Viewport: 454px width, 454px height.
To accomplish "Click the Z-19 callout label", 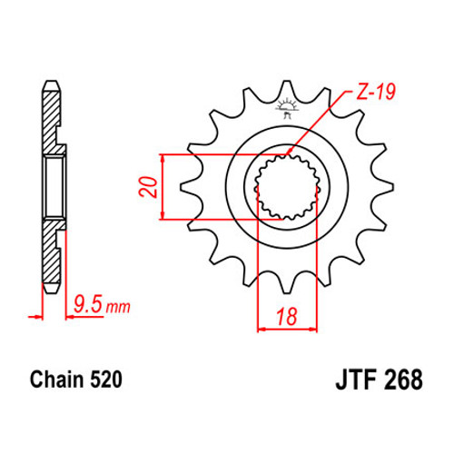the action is click(x=375, y=92).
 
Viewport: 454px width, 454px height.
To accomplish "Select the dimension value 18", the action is click(x=287, y=316).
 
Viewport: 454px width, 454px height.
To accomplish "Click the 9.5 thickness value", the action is click(x=88, y=304).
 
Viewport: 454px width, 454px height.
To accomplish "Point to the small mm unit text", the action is click(x=118, y=307).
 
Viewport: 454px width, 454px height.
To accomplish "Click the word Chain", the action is click(x=57, y=379).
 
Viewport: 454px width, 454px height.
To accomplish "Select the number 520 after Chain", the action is click(x=106, y=379).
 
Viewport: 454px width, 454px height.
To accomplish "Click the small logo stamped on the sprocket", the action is click(x=287, y=108).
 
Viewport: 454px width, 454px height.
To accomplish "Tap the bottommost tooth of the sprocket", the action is click(x=287, y=283).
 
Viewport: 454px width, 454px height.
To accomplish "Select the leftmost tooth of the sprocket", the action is click(x=190, y=187).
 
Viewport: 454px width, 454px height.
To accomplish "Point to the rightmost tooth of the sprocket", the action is click(x=384, y=187).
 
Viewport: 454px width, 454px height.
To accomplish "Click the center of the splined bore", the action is click(x=287, y=187).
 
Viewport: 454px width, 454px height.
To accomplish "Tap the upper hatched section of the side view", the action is click(x=52, y=121).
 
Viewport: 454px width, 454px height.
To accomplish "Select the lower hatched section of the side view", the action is click(x=52, y=252).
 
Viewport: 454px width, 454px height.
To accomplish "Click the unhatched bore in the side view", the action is click(x=54, y=187).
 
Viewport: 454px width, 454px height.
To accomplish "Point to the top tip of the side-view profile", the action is click(x=51, y=81).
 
